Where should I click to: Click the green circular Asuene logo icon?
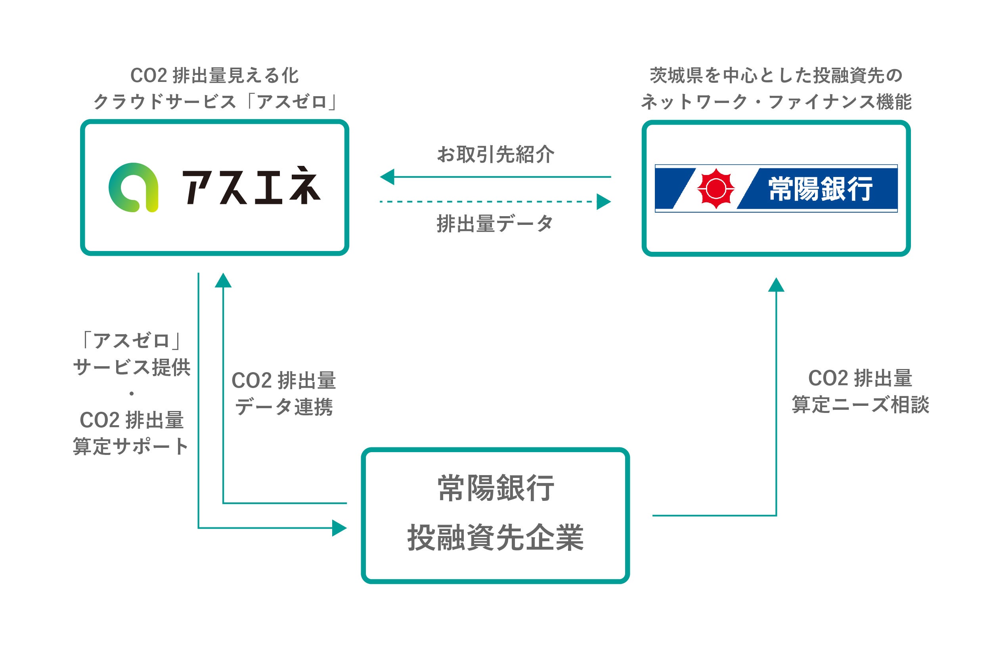[134, 187]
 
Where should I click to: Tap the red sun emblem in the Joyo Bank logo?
[716, 188]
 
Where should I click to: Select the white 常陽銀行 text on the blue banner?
[820, 189]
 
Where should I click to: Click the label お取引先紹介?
[495, 154]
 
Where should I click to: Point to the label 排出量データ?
[495, 224]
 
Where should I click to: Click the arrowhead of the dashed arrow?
[604, 202]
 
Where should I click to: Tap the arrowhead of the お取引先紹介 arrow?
[387, 177]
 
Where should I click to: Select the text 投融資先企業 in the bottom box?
[495, 538]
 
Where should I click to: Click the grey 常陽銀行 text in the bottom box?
[495, 488]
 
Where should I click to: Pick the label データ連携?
[284, 407]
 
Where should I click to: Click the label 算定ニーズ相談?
[860, 405]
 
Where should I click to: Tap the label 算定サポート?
[131, 446]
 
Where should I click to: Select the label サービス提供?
[132, 367]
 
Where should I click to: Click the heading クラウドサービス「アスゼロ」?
[215, 101]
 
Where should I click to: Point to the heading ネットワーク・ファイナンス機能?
[776, 101]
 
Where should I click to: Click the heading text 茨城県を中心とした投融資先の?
[776, 75]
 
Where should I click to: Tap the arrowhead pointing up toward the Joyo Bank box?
[776, 285]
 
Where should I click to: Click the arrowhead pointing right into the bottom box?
[339, 528]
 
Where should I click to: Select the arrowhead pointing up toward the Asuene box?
[223, 280]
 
